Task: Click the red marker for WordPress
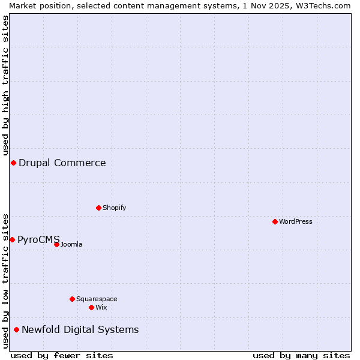275,221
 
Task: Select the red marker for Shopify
98,208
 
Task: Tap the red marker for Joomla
56,244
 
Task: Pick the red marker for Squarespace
72,299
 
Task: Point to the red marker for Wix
91,307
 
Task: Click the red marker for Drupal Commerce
13,163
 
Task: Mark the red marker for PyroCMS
12,239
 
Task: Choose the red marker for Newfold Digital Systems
16,329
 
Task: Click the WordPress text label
296,221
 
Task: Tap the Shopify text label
114,208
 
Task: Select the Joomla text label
71,244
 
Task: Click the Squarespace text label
97,299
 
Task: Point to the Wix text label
101,307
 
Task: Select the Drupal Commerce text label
62,163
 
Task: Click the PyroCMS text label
38,239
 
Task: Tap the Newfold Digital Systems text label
80,329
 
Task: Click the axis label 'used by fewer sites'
62,355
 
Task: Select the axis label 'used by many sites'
301,355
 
